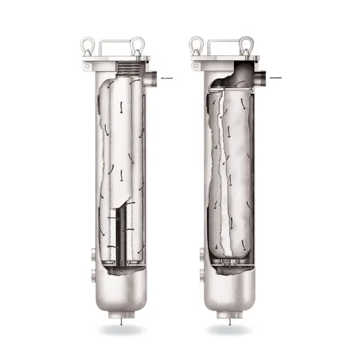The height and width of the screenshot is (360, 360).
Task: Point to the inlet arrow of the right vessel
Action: coord(276,77)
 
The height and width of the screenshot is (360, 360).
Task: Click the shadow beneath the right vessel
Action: coord(230,329)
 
